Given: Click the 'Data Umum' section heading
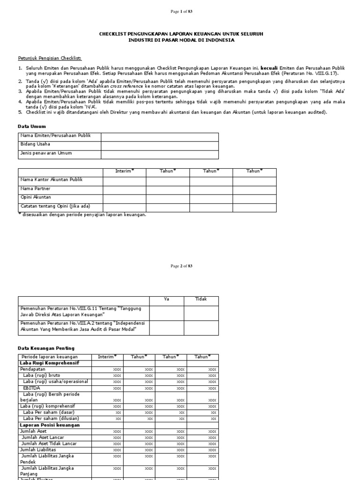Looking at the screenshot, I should point(32,127).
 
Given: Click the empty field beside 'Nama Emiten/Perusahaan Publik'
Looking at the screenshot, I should point(159,136).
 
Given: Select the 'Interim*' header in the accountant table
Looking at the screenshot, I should point(124,171).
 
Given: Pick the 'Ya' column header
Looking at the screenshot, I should point(166,299).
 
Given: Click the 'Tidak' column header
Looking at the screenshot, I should point(201,299).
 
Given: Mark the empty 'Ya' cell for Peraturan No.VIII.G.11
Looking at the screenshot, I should point(166,313).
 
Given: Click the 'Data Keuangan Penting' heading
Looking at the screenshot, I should point(46,348).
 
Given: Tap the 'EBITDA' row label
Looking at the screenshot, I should point(31,388).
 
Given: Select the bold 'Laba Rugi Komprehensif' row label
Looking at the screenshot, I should point(49,363).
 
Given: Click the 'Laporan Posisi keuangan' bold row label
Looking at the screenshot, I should point(50,425).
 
